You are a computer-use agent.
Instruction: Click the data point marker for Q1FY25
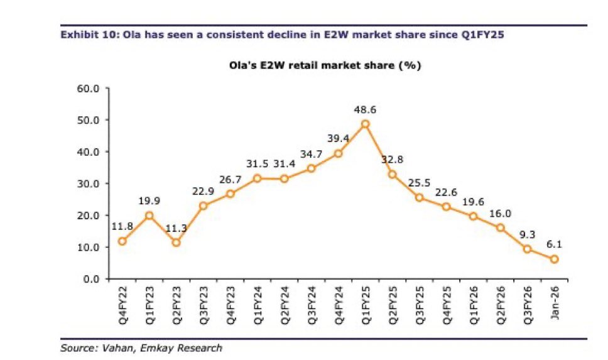[x=366, y=124]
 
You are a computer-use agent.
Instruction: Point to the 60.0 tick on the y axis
[x=88, y=88]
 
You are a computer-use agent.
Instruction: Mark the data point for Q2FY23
[x=176, y=243]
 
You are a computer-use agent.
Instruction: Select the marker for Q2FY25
[x=393, y=174]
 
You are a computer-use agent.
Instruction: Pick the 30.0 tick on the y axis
[x=88, y=183]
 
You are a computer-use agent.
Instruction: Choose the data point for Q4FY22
[x=122, y=241]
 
